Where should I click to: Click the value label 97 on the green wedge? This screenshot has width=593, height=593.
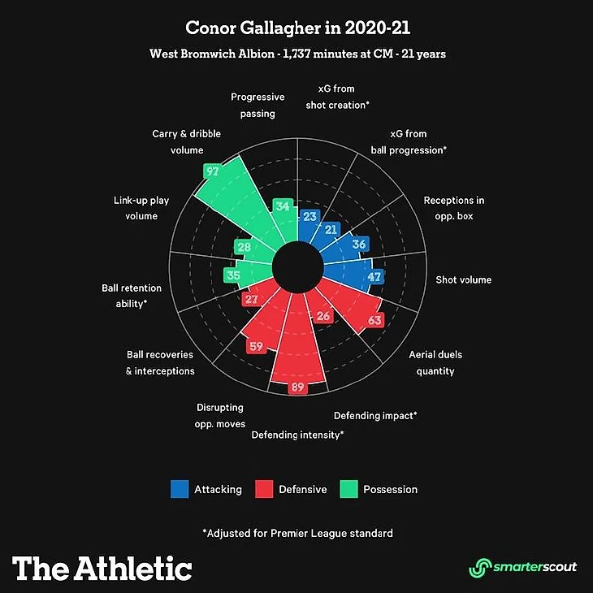(x=213, y=171)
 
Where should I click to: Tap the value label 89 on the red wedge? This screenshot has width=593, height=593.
(x=297, y=387)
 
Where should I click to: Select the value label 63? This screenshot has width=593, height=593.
(x=374, y=320)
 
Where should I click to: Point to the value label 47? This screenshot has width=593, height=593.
(x=374, y=277)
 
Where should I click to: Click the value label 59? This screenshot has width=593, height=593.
(x=256, y=347)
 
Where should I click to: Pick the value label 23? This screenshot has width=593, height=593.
(x=309, y=216)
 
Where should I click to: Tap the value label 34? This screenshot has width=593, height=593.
(x=283, y=206)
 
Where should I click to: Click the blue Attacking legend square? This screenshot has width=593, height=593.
(x=180, y=489)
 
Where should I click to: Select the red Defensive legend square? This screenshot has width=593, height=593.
(x=264, y=489)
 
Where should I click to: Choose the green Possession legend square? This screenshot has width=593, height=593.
(x=348, y=489)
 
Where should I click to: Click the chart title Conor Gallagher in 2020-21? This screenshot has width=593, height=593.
(x=298, y=28)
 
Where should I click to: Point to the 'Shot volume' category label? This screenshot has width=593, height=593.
(x=464, y=280)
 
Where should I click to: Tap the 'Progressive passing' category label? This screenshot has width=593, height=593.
(x=258, y=105)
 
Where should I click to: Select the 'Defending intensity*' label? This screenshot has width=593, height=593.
(x=297, y=435)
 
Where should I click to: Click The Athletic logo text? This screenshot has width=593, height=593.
(x=102, y=567)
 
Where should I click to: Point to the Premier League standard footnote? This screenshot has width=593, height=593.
(x=297, y=534)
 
